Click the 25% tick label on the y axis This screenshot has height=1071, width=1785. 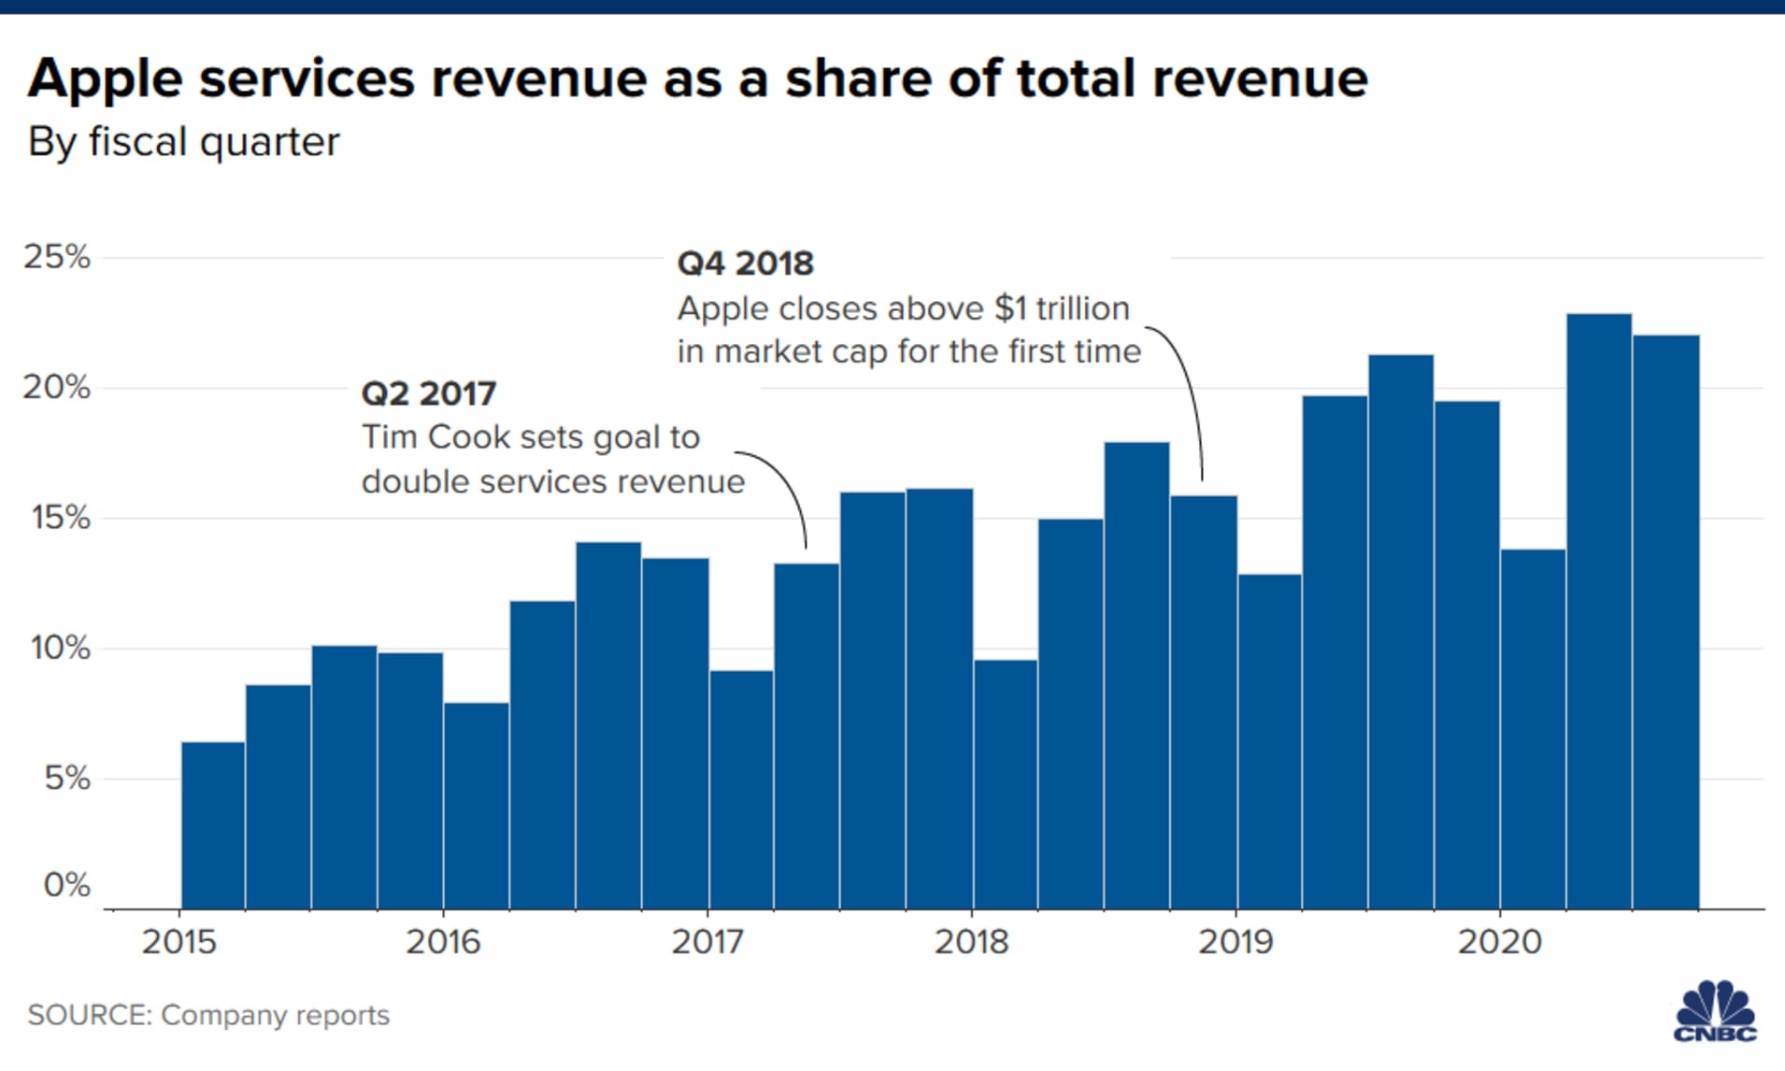click(57, 257)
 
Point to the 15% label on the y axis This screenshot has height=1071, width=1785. click(60, 518)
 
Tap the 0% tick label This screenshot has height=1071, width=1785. click(66, 884)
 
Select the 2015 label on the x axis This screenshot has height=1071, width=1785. click(178, 941)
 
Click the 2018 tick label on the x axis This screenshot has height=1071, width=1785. click(972, 941)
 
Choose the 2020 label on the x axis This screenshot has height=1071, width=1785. click(1499, 941)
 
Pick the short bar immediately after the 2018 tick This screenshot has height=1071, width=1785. click(1006, 784)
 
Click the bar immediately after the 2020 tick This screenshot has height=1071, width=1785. click(1533, 729)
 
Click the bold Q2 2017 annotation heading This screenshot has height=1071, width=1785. click(428, 393)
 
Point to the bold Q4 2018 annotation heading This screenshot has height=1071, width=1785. click(745, 264)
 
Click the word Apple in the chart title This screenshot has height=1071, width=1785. click(105, 79)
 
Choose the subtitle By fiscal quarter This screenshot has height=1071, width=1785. click(183, 142)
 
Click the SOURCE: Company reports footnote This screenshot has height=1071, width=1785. click(208, 1015)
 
